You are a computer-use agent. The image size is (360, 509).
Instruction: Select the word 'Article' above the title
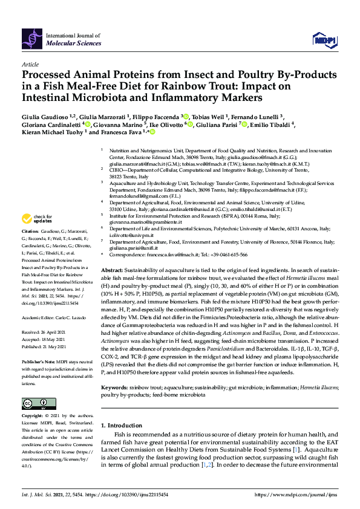[x=30, y=63]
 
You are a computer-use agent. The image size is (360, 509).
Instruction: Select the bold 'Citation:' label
[x=31, y=232]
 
